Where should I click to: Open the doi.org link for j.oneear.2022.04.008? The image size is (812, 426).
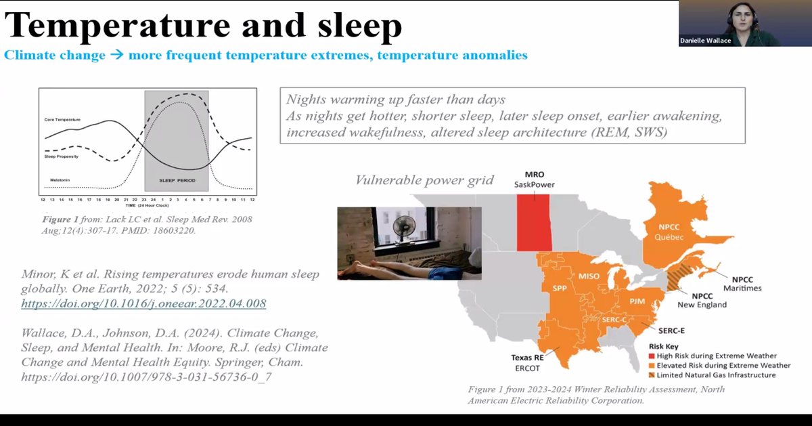(x=143, y=303)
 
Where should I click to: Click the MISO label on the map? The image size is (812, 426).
(x=588, y=276)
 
